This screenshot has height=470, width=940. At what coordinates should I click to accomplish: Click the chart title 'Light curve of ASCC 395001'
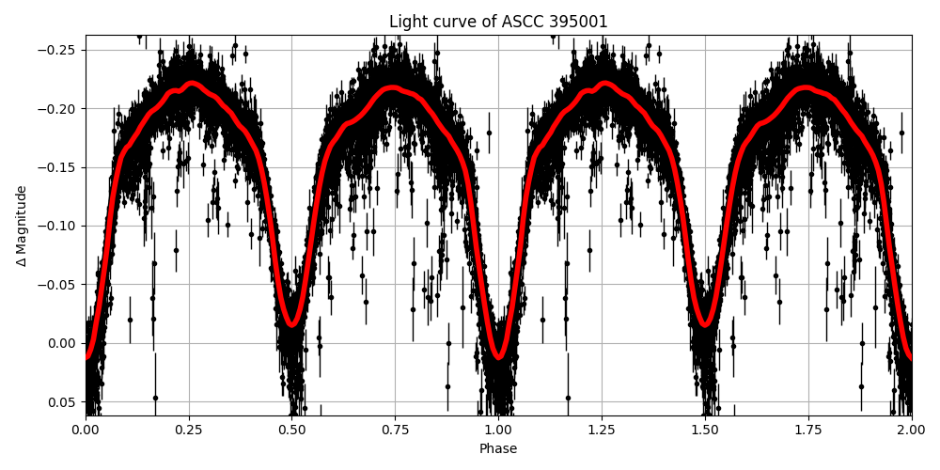[x=498, y=22]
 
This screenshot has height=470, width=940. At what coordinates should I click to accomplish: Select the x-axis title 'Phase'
[x=498, y=449]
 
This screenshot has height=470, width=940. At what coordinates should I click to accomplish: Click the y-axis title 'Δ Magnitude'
[x=22, y=226]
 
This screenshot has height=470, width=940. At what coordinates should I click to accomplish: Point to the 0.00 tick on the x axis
[x=86, y=431]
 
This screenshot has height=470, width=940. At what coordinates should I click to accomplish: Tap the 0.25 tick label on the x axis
[x=189, y=431]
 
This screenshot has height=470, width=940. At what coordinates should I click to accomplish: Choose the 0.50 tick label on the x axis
[x=292, y=431]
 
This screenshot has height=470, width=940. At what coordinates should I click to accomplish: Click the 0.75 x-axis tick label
[x=395, y=431]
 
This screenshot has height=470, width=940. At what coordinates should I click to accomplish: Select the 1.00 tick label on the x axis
[x=498, y=431]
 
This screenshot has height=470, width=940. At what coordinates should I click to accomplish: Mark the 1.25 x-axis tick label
[x=602, y=431]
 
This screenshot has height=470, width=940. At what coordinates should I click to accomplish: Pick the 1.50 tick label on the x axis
[x=705, y=431]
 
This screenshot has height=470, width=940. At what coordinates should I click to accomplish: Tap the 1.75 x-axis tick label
[x=808, y=431]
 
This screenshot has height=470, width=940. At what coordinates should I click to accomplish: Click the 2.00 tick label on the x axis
[x=911, y=431]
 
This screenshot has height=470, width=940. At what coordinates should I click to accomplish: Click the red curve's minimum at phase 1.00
[x=498, y=357]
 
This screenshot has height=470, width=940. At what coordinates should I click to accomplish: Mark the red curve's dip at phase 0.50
[x=292, y=324]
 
